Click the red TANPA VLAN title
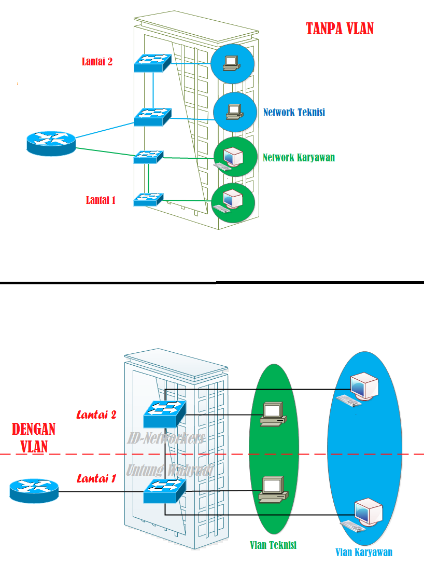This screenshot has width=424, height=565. coord(340,29)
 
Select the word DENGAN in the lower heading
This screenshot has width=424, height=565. coord(34,430)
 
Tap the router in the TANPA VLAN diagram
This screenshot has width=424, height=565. coord(51,142)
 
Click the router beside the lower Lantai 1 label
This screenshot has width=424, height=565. coord(34,489)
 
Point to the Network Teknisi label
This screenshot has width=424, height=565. coord(294,112)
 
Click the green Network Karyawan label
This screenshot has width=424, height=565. coord(299,158)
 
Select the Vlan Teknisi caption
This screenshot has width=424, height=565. coord(273,545)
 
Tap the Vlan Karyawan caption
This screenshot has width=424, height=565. coord(363,552)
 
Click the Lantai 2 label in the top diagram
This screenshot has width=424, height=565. coord(97,62)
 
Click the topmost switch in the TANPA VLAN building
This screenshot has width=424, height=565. coord(152,63)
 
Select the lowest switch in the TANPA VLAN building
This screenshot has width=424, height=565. coord(148,199)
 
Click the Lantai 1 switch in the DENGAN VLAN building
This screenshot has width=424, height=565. coord(165,490)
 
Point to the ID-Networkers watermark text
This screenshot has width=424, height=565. coord(166,438)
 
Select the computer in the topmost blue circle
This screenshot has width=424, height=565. coord(231,62)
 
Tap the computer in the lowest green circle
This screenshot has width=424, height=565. coord(229,201)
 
